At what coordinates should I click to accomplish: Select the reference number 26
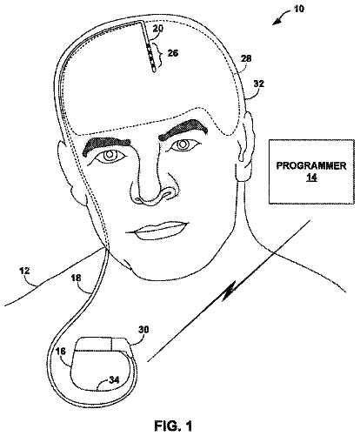point(172,53)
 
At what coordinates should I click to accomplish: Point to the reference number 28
point(246,58)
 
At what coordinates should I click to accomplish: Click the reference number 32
point(258,84)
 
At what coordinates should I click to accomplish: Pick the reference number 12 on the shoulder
point(24,272)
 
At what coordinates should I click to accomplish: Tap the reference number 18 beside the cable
point(76,278)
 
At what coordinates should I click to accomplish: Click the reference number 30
point(143,330)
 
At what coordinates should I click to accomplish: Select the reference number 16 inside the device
point(61,352)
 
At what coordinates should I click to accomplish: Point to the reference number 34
point(114,379)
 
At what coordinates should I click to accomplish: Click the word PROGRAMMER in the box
point(311,166)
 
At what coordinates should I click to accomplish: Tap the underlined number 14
point(312,177)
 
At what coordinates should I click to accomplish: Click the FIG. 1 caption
point(173,426)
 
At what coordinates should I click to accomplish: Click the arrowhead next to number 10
point(276,22)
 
